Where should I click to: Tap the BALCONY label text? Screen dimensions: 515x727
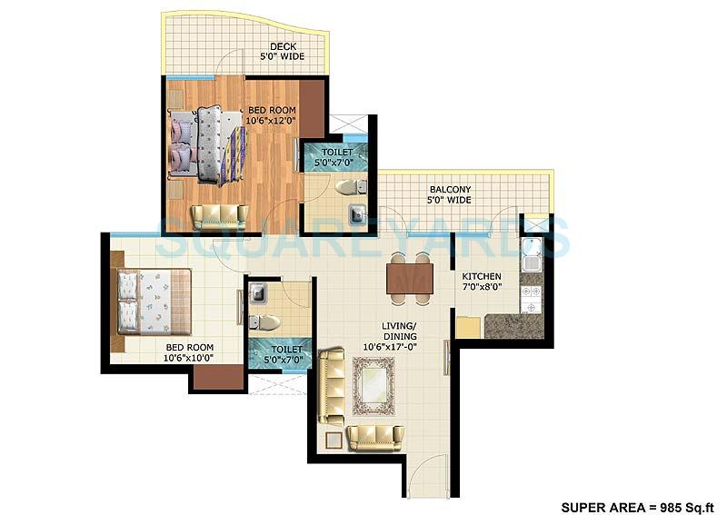click(450, 190)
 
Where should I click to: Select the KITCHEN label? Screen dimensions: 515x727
click(481, 276)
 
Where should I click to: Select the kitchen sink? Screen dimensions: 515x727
click(532, 253)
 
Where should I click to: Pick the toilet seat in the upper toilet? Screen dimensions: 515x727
click(348, 188)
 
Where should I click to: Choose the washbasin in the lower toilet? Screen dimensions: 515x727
click(256, 293)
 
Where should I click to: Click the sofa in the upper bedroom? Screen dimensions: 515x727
click(218, 216)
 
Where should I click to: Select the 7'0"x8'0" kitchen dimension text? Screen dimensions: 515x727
click(481, 288)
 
